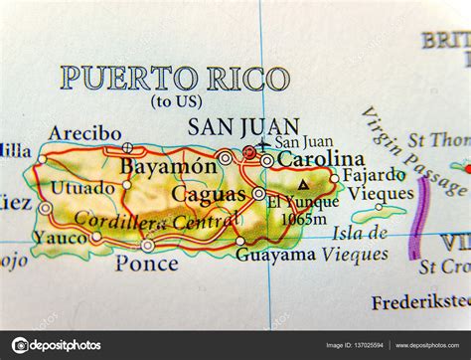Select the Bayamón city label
tap(167, 167)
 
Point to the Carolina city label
tap(320, 159)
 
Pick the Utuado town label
tap(83, 188)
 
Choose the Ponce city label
tap(146, 265)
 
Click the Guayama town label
tap(275, 255)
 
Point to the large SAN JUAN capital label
tap(231, 127)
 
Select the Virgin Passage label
tap(410, 149)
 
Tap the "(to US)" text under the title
tap(175, 101)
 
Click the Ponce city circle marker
tap(147, 245)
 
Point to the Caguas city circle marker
tap(258, 194)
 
